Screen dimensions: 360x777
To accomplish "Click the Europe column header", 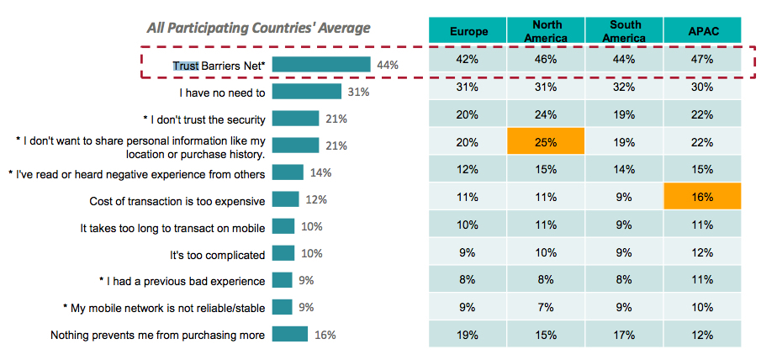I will coord(468,31).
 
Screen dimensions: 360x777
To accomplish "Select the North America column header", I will coord(547,31).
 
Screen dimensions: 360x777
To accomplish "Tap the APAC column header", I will coord(703,31).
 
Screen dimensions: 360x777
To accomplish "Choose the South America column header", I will coord(624,31).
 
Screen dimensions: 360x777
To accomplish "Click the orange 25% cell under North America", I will coord(547,143).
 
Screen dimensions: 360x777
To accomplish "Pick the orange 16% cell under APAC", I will coord(703,198).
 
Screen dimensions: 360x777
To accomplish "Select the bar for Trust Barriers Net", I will coord(321,65).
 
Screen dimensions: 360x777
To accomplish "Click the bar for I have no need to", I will coord(306,92).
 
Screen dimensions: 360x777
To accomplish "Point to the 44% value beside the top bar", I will coord(387,65).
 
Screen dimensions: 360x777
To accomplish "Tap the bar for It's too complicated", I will coord(283,254).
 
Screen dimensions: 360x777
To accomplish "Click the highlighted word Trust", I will coord(186,65).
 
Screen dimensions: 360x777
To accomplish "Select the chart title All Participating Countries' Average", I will coord(258,28).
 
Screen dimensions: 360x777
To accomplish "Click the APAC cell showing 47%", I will coord(703,60).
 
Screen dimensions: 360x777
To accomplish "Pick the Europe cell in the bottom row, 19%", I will coord(468,334).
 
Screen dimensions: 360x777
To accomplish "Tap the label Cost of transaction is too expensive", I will coord(177,201).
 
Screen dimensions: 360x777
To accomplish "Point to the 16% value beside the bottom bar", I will coord(325,335).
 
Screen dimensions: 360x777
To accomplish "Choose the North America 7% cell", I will coord(547,306).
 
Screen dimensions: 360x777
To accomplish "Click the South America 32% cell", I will coord(624,87).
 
